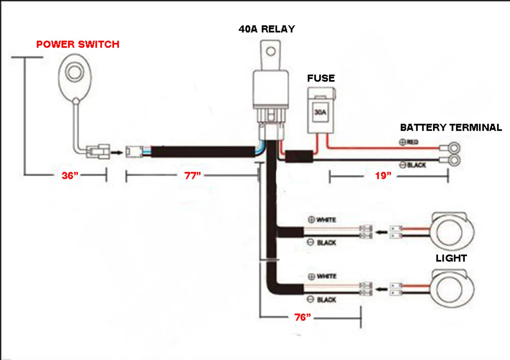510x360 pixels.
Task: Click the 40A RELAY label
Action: pos(267,29)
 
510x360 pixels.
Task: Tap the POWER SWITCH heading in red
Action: pos(78,44)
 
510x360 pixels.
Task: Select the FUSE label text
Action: pos(321,78)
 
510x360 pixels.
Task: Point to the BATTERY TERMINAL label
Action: pos(451,128)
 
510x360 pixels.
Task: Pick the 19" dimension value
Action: pos(383,176)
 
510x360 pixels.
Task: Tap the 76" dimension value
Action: pos(302,317)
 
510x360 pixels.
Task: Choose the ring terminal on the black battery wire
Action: pos(453,161)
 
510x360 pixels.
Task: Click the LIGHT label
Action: pos(451,258)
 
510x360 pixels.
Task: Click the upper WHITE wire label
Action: pos(326,220)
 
